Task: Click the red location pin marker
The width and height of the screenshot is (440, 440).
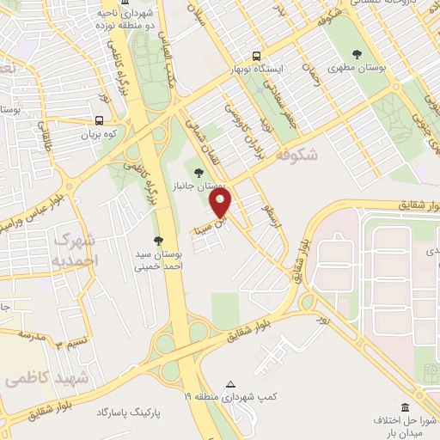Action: click(222, 203)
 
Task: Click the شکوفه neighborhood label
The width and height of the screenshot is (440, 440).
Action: click(299, 155)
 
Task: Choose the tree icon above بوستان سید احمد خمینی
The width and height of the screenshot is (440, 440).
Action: click(157, 240)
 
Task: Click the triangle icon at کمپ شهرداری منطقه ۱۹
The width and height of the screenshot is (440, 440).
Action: click(229, 383)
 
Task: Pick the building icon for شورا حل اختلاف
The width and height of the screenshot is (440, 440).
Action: click(405, 406)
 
